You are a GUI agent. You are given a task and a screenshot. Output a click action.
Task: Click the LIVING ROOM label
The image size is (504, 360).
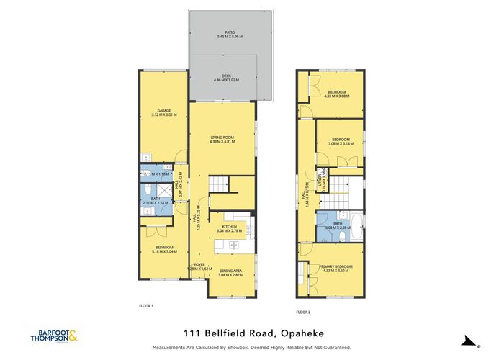pyautogui.click(x=222, y=138)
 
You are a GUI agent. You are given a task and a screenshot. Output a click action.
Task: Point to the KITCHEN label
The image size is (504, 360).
pyautogui.click(x=229, y=227)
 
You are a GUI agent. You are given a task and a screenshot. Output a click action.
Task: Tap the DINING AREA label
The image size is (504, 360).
pyautogui.click(x=231, y=271)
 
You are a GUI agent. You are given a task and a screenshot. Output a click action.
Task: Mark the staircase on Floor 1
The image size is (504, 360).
pyautogui.click(x=219, y=186)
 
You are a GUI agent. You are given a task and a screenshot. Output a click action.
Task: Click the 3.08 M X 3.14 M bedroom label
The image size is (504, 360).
pyautogui.click(x=341, y=142)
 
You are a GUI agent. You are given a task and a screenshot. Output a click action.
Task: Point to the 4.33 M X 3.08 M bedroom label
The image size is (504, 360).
pyautogui.click(x=338, y=93)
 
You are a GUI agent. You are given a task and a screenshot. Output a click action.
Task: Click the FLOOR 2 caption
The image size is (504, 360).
pyautogui.click(x=303, y=312)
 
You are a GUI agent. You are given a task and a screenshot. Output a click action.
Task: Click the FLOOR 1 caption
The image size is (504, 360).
pyautogui.click(x=146, y=306)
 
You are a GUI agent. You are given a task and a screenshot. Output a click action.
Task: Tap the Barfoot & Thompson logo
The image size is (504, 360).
pyautogui.click(x=55, y=335)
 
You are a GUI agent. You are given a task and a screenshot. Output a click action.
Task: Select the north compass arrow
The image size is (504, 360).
pyautogui.click(x=469, y=341)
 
